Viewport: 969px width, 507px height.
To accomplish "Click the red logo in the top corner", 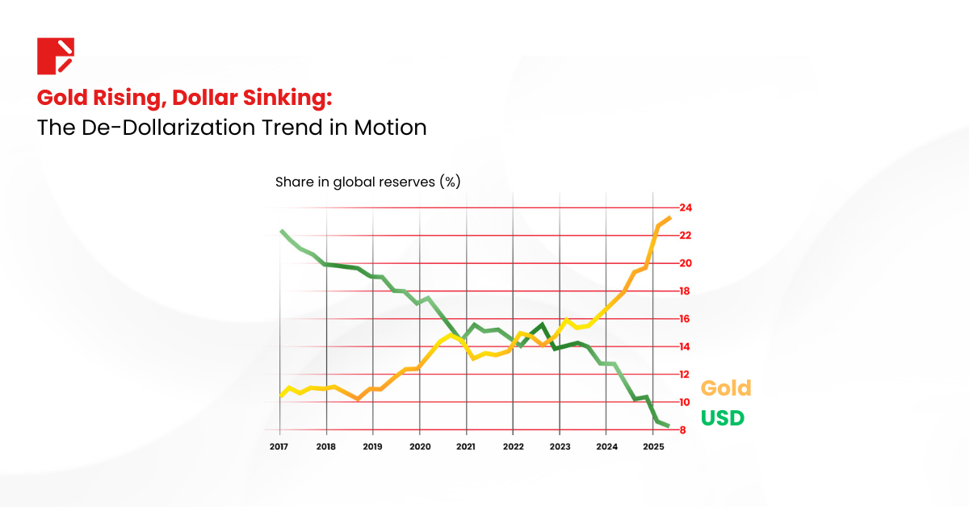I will click(56, 56).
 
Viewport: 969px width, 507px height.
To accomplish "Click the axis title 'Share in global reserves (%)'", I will click(367, 182).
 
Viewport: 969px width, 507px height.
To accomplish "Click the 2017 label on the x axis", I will click(279, 446).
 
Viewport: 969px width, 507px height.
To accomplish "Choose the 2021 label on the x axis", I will click(466, 446).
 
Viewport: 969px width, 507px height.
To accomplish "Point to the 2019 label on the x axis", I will click(372, 446).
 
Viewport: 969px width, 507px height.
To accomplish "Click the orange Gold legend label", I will click(725, 388).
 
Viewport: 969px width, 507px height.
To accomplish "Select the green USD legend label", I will click(722, 418).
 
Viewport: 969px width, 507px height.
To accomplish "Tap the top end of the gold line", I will click(670, 217).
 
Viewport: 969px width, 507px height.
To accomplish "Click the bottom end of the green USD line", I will click(669, 426).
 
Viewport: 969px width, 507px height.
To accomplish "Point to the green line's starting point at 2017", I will click(281, 231).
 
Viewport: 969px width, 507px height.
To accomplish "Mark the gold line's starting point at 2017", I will click(281, 396).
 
